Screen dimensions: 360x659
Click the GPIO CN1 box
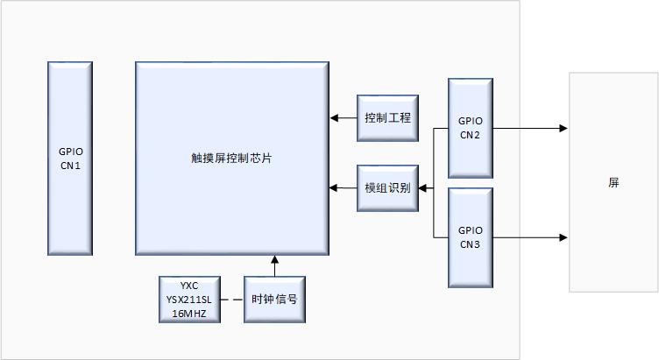pos(70,158)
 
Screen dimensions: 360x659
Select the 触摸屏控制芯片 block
pos(232,158)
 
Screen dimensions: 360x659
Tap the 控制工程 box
pos(388,117)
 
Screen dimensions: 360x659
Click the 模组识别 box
pos(388,187)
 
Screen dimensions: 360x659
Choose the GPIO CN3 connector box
pos(470,236)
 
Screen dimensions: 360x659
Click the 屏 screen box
pos(613,182)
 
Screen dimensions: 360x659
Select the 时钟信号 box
pos(273,299)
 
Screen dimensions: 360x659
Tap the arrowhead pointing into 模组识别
pos(423,187)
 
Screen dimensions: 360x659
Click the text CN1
pos(70,165)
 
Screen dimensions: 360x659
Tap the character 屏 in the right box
pos(613,183)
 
